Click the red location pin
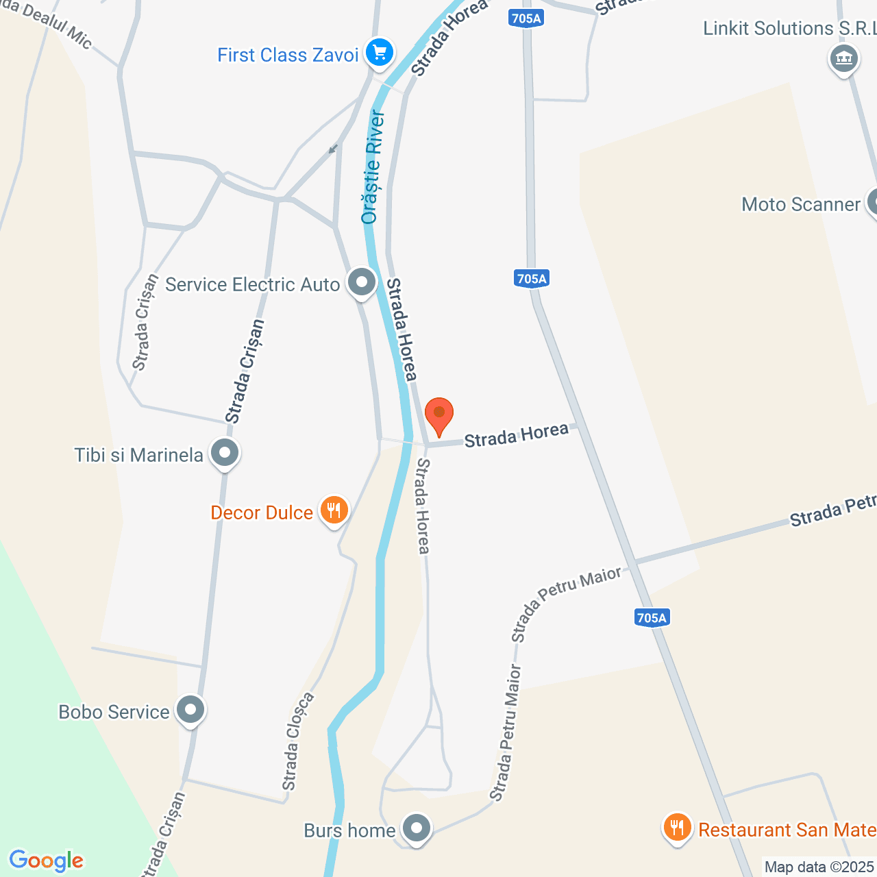pos(439,413)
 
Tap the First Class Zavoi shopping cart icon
pos(379,52)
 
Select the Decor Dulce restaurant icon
pos(334,510)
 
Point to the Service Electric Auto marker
pos(362,282)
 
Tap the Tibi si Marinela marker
pos(225,453)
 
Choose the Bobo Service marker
pos(190,710)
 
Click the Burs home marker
pos(416,828)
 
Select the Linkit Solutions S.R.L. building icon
pos(843,58)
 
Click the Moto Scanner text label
pos(800,204)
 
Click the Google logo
pos(46,861)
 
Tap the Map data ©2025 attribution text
pos(819,867)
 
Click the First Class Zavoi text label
pos(288,55)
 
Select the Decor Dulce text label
pos(262,512)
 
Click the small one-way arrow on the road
pos(334,149)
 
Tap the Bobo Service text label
pos(114,712)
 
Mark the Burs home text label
pos(349,830)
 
